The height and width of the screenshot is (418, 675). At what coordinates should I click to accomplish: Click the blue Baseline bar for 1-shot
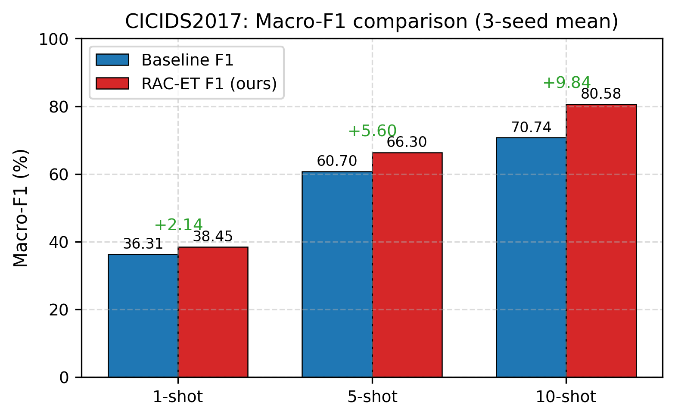[x=143, y=315]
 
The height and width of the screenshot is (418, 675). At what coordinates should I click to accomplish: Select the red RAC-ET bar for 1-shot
[x=213, y=312]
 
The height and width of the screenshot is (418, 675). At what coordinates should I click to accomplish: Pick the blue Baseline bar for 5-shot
[x=337, y=274]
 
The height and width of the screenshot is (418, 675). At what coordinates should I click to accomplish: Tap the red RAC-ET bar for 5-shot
[x=407, y=265]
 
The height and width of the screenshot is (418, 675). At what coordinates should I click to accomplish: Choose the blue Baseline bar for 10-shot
[x=531, y=257]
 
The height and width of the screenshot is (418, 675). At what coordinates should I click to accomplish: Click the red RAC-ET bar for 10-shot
[x=601, y=240]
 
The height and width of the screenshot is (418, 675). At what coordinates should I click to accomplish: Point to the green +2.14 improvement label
[x=178, y=225]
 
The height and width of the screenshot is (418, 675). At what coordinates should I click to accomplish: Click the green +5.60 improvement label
[x=372, y=131]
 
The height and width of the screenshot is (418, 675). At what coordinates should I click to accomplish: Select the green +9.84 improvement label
[x=566, y=83]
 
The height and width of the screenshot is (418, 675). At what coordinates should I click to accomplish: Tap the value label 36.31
[x=143, y=244]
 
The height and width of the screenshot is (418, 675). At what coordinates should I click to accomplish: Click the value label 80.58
[x=601, y=94]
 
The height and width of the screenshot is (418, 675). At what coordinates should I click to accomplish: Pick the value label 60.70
[x=337, y=162]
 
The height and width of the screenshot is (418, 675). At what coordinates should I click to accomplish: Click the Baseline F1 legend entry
[x=187, y=60]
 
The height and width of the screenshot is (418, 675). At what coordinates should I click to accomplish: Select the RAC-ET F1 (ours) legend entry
[x=209, y=84]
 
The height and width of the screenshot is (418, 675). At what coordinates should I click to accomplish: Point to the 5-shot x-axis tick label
[x=372, y=397]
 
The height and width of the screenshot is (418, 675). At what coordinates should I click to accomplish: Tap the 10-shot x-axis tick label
[x=566, y=397]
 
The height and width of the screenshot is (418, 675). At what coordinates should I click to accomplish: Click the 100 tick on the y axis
[x=53, y=39]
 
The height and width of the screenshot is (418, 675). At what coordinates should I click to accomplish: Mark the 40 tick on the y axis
[x=59, y=242]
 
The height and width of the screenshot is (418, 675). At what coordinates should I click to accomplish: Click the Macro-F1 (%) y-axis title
[x=21, y=208]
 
